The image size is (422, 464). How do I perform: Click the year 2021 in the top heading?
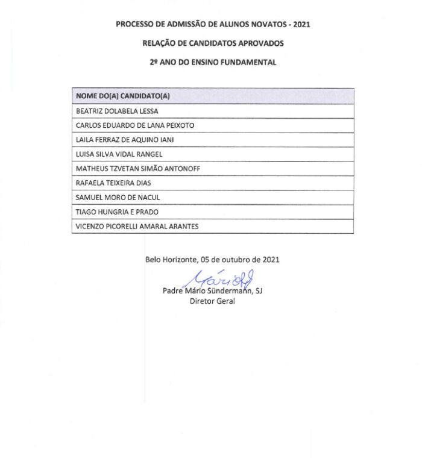point(301,25)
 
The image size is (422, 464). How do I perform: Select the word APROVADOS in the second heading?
point(259,43)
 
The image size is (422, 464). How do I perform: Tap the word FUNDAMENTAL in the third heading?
point(248,62)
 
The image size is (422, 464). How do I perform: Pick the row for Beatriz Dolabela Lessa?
point(117,111)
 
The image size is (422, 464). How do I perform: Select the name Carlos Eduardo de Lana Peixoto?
point(134,125)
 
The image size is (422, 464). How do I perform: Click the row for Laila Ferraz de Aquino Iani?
point(125,140)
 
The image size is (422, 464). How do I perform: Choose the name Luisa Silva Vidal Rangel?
point(119,154)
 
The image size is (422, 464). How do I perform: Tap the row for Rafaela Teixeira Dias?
point(113,183)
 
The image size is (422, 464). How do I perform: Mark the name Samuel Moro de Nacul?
point(118,198)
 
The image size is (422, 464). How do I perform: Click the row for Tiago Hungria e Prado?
point(116,212)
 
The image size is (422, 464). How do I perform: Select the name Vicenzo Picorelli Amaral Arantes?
point(137,227)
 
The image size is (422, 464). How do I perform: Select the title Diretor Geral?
point(212,301)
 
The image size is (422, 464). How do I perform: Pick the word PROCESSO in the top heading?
point(134,25)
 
